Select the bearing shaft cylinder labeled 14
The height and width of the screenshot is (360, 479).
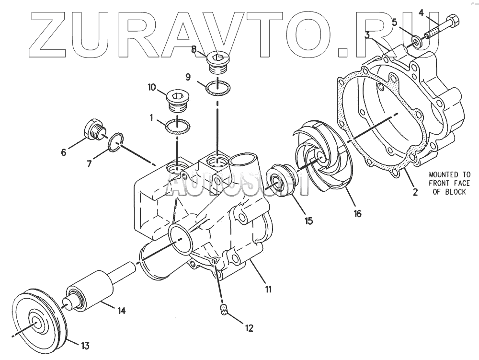coord(89,288)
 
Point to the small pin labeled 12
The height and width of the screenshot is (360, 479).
coord(223,310)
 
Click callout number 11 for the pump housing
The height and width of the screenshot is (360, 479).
coord(268,289)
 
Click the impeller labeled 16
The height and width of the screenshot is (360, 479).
coord(321,158)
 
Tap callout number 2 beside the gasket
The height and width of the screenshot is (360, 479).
coord(415,192)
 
